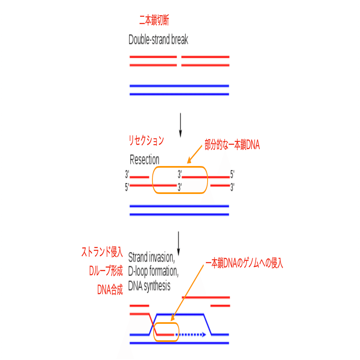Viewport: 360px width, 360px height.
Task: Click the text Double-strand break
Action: coord(158,40)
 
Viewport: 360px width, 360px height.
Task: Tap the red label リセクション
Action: coord(146,141)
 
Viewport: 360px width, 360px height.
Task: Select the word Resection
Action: coord(144,159)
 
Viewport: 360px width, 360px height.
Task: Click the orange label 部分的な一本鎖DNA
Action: coord(232,145)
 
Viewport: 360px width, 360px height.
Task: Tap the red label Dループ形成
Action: coord(106,271)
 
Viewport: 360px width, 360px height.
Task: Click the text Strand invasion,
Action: coord(152,258)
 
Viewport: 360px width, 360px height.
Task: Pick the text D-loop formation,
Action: coord(153,272)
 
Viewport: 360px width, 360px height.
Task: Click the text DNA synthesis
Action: coord(149,286)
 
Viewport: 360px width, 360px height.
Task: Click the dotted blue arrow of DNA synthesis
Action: coord(192,335)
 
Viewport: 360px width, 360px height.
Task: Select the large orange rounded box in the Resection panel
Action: coord(180,180)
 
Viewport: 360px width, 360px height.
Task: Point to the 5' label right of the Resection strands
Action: coord(232,174)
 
